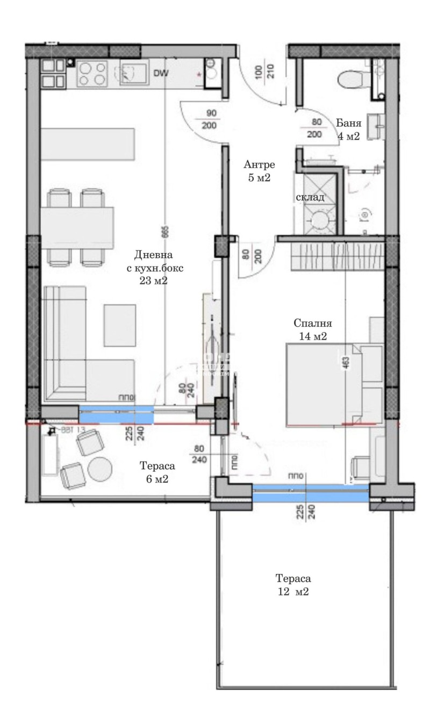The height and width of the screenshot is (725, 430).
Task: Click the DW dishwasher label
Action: [161, 74]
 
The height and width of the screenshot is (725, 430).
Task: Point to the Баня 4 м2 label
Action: [348, 130]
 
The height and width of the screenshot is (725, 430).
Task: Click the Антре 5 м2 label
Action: [259, 171]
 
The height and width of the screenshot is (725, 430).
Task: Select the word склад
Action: [310, 197]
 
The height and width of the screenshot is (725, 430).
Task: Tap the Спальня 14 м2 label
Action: [313, 330]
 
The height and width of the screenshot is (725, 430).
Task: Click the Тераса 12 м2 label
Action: [293, 586]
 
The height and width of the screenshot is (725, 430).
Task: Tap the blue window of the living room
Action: [116, 415]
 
